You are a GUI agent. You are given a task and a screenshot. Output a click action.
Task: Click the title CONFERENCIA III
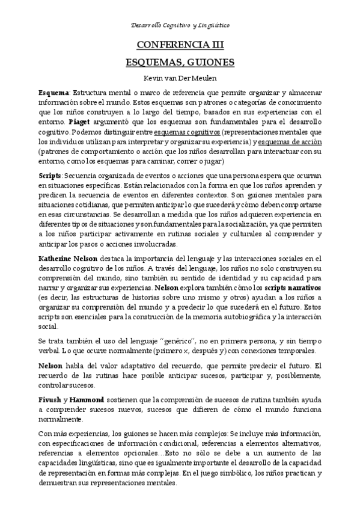tap(180, 45)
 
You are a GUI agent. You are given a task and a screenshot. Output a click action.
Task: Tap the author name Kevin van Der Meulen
tap(180, 78)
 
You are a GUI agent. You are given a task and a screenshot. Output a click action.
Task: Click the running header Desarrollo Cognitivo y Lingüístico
tap(180, 26)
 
